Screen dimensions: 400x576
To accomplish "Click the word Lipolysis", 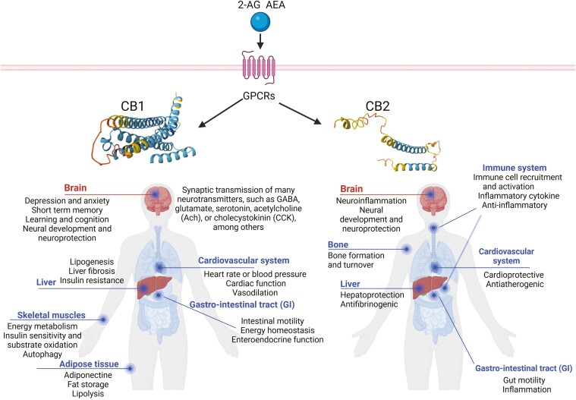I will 88,394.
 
